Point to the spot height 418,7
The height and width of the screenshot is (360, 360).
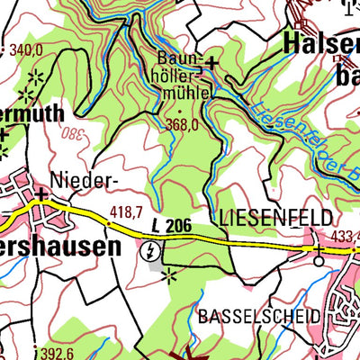coord(126,211)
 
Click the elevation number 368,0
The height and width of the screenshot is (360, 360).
coord(181,126)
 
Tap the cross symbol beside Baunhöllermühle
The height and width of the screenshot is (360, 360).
coord(211,62)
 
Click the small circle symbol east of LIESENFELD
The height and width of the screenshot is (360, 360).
coord(319,261)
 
